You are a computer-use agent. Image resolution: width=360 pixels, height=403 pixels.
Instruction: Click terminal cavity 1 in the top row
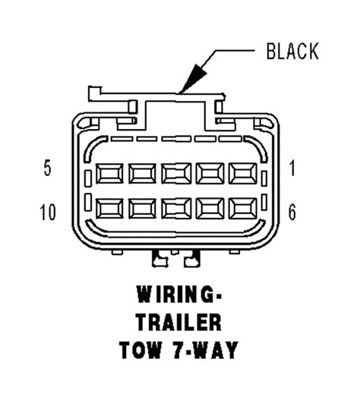click(x=243, y=174)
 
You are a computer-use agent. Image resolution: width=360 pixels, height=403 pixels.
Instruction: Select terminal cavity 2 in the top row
click(x=210, y=174)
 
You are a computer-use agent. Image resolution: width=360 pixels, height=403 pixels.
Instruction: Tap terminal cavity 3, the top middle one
click(x=176, y=174)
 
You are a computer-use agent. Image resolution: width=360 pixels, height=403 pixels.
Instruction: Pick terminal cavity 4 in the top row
click(x=142, y=174)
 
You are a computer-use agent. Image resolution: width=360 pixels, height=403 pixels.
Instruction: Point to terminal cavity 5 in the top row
click(x=109, y=174)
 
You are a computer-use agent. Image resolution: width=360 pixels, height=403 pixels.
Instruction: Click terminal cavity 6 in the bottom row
click(x=243, y=209)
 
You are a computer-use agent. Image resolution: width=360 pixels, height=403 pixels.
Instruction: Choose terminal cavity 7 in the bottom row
click(x=210, y=209)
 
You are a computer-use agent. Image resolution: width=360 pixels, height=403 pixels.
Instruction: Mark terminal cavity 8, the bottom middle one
click(x=176, y=209)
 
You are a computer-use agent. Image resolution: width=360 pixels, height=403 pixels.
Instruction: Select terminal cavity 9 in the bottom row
click(x=142, y=209)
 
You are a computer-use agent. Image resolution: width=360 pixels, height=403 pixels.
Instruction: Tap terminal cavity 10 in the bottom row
click(x=109, y=209)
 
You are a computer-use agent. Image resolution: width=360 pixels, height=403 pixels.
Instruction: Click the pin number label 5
click(x=48, y=168)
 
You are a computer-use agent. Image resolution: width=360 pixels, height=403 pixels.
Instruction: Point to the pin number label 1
click(x=292, y=168)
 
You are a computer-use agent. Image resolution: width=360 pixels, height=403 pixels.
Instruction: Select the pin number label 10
click(x=48, y=213)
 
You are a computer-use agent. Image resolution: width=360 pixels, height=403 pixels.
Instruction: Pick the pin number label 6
click(x=292, y=213)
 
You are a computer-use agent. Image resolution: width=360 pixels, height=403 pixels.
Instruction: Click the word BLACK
click(x=292, y=52)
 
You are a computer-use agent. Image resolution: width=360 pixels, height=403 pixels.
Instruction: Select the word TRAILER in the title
click(x=179, y=323)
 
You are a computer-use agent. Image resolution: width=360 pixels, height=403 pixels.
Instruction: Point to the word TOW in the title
click(x=141, y=350)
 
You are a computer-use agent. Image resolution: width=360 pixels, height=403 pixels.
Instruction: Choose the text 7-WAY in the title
click(x=205, y=350)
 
